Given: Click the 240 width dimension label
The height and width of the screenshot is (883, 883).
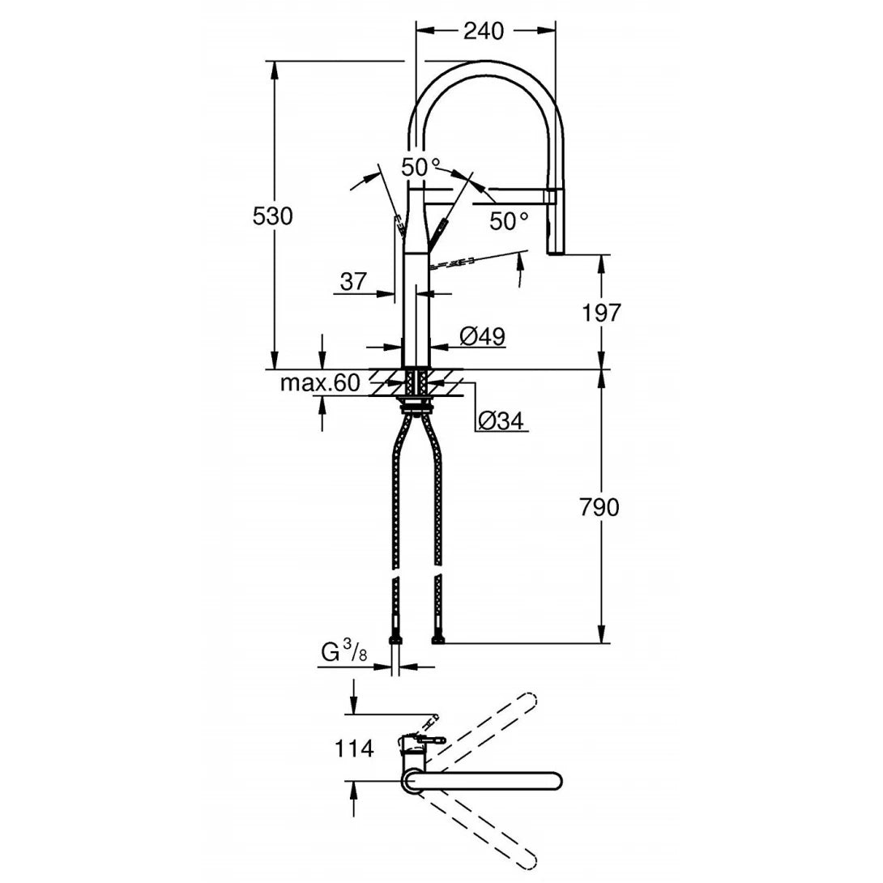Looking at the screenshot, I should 483,31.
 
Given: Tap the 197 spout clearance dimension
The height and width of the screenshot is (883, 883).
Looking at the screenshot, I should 600,312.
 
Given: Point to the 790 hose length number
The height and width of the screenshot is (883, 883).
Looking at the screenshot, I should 600,508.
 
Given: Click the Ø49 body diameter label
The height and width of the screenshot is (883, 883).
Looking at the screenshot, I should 483,335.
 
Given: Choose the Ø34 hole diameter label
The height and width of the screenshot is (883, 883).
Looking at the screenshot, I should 501,420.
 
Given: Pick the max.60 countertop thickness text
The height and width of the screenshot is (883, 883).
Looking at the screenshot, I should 319,383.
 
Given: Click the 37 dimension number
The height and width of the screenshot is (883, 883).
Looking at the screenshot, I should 353,282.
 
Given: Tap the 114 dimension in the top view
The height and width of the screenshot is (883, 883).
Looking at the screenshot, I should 354,749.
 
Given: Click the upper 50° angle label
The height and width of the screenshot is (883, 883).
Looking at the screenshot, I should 421,168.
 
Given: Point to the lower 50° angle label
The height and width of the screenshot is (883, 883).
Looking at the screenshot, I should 509,220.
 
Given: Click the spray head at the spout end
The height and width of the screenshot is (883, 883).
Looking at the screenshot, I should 554,223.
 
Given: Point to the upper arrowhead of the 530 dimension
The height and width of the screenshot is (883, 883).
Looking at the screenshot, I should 275,70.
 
